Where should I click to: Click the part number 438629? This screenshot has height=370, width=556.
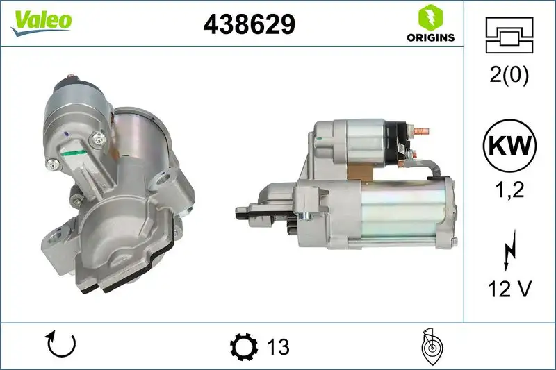point(249,25)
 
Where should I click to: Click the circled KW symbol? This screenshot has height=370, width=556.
point(509,146)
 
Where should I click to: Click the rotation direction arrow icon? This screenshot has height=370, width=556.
point(60,345)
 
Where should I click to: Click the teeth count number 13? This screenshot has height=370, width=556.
point(277,346)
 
